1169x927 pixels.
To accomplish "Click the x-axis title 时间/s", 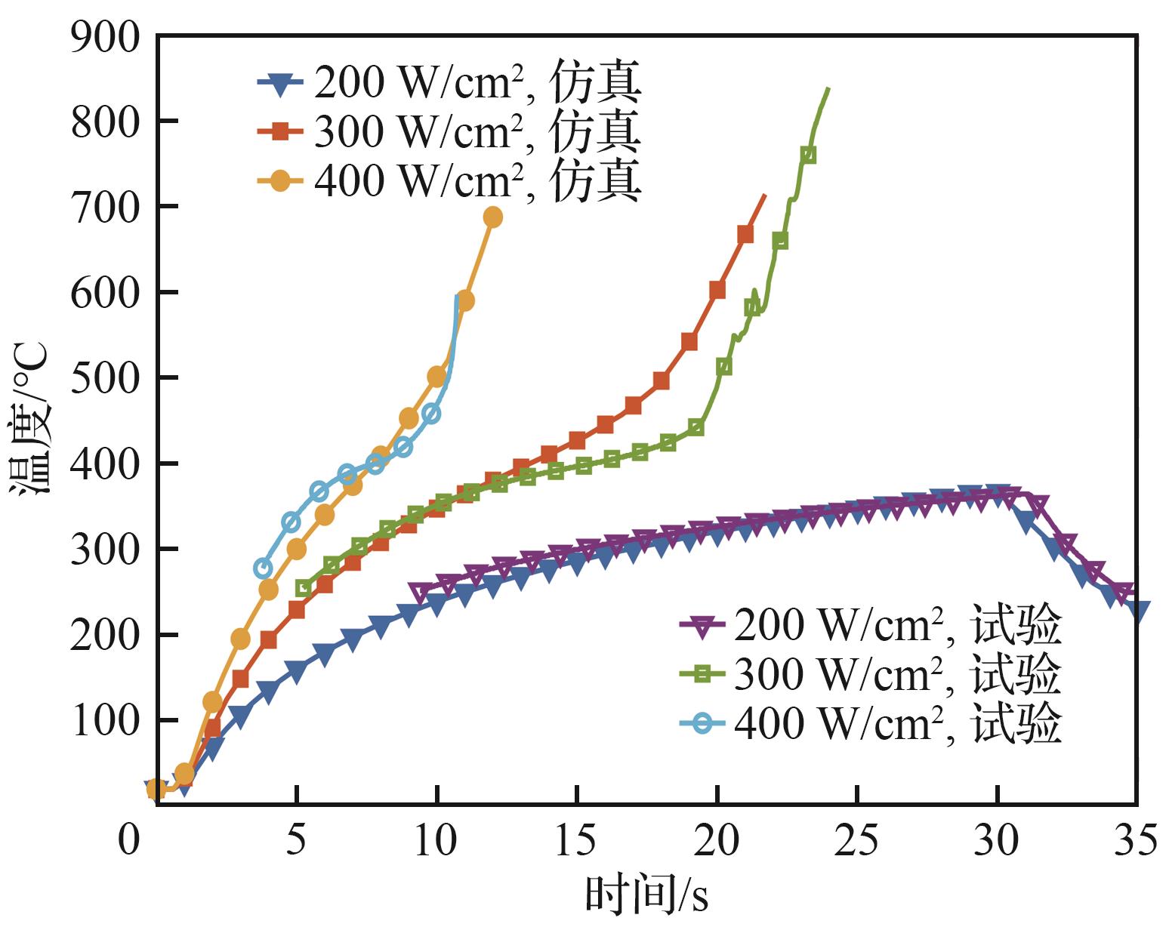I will tap(646, 897).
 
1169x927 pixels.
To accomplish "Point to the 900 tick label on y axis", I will tap(106, 36).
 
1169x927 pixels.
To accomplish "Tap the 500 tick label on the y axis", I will tap(106, 378).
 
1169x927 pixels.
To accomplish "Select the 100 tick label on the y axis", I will tap(106, 721).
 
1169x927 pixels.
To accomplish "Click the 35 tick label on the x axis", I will tap(1136, 839).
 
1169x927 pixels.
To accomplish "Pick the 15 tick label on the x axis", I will tap(576, 839).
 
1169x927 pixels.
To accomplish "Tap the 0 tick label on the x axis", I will tap(130, 839).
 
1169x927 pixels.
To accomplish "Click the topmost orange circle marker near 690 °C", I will tap(492, 217).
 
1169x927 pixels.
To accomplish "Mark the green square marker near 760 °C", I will tap(808, 155).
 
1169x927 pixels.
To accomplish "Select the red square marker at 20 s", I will tap(717, 290).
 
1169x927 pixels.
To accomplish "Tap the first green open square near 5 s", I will tap(304, 587).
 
